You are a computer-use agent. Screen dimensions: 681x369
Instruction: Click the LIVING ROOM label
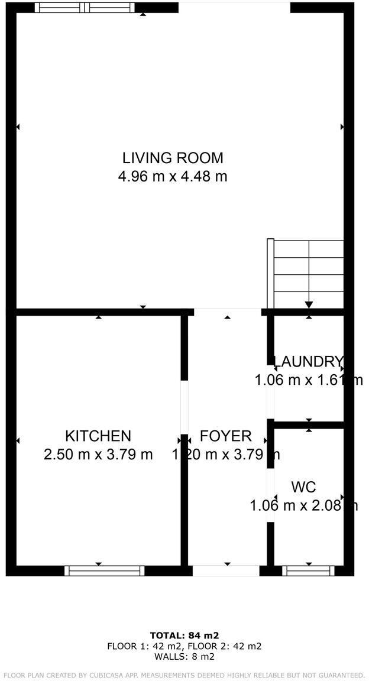[x=173, y=158]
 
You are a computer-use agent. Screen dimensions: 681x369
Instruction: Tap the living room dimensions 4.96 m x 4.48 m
[x=173, y=176]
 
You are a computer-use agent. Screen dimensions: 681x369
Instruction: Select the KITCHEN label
[x=98, y=436]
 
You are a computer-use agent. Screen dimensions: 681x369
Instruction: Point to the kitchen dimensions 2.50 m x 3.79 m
[x=98, y=455]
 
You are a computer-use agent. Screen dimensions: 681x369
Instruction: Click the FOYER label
[x=225, y=436]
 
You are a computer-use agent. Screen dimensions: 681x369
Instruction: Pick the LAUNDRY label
[x=308, y=361]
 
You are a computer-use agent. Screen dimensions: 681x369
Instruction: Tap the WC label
[x=303, y=487]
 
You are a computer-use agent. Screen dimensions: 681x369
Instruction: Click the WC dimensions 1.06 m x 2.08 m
[x=303, y=505]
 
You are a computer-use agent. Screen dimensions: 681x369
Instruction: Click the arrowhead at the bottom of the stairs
[x=309, y=305]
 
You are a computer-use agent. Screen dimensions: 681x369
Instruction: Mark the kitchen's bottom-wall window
[x=105, y=570]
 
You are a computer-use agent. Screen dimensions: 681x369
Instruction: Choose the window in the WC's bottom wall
[x=308, y=570]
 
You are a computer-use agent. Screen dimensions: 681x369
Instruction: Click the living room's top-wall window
[x=85, y=8]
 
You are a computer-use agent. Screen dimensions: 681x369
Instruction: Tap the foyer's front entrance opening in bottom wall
[x=226, y=570]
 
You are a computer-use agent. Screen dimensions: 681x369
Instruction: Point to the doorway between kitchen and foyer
[x=184, y=407]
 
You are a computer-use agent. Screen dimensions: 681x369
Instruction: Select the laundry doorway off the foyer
[x=271, y=393]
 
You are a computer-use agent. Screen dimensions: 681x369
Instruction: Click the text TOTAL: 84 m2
[x=184, y=635]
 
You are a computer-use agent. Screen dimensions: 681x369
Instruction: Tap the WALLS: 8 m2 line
[x=184, y=656]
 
